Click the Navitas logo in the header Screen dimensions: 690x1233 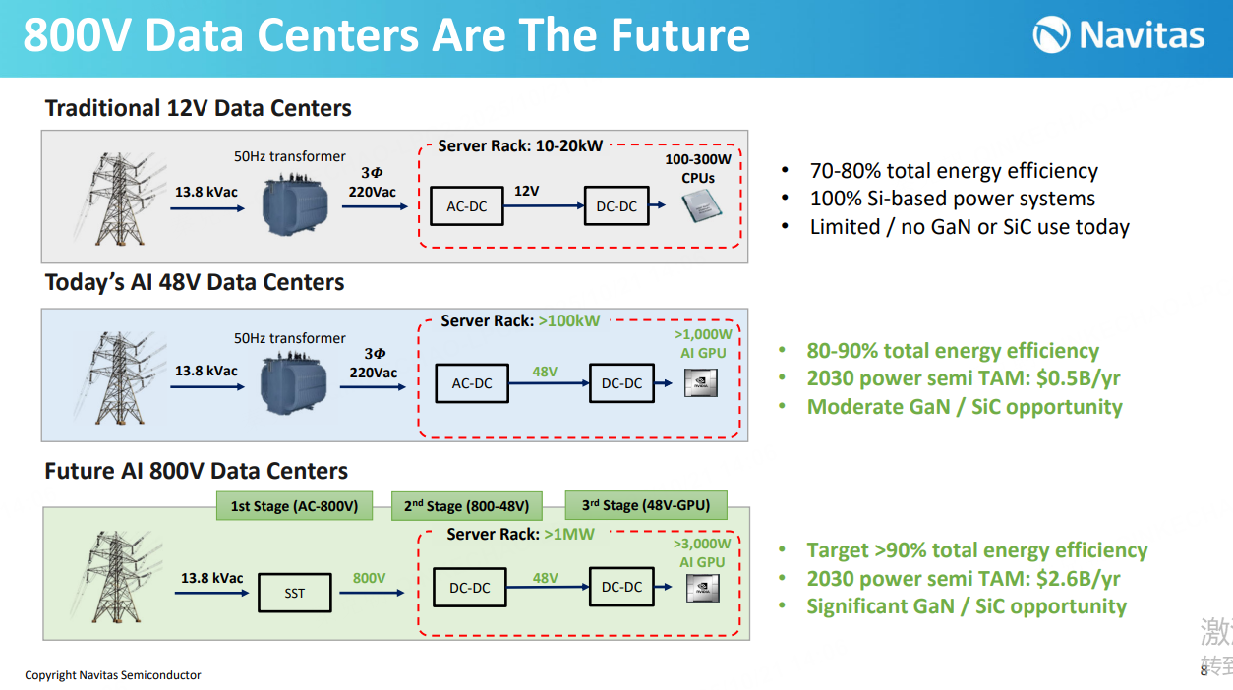tap(1118, 36)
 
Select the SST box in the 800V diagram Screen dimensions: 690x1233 tap(294, 593)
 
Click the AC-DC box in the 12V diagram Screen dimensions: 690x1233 tap(467, 206)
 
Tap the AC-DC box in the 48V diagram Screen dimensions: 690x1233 tap(472, 383)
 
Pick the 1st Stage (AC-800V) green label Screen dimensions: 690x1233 tap(294, 506)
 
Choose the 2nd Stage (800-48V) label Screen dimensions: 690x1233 tap(466, 506)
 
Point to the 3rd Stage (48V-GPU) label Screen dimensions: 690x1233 tap(645, 505)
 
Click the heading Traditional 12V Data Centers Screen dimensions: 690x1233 tap(199, 108)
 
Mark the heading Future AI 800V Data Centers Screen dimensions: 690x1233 tap(197, 471)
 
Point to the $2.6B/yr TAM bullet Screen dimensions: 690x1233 tap(964, 579)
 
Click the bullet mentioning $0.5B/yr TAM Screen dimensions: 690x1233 tap(964, 378)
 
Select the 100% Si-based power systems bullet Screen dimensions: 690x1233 tap(952, 199)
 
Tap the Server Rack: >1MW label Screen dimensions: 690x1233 tap(520, 534)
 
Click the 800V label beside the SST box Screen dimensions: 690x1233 tap(370, 578)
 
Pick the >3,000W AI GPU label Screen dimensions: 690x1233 tap(702, 553)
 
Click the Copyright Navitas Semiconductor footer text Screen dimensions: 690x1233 tap(113, 675)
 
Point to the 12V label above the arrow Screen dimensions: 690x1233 tap(527, 191)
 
